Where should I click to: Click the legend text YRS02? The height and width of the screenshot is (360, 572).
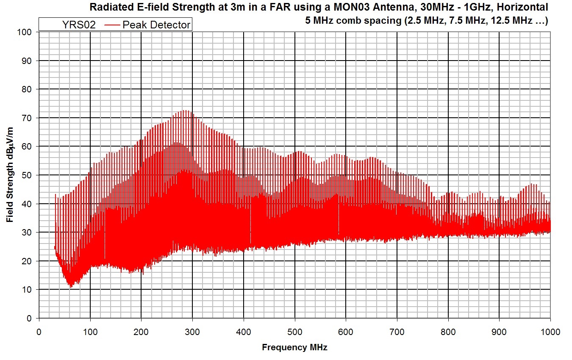[79, 25]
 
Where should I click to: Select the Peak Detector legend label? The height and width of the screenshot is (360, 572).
[156, 25]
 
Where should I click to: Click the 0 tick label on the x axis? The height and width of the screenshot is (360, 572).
[39, 332]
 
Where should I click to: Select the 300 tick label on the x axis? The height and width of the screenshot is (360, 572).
[192, 332]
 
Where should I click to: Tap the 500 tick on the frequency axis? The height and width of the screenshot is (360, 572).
[295, 332]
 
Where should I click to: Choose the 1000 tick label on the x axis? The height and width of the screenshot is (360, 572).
[550, 332]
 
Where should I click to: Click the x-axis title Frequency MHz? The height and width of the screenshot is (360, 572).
[294, 348]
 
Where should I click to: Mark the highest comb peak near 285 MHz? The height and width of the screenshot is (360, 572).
[185, 111]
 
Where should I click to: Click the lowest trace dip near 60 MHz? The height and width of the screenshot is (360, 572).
[71, 287]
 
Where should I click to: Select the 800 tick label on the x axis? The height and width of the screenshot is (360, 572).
[448, 332]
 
